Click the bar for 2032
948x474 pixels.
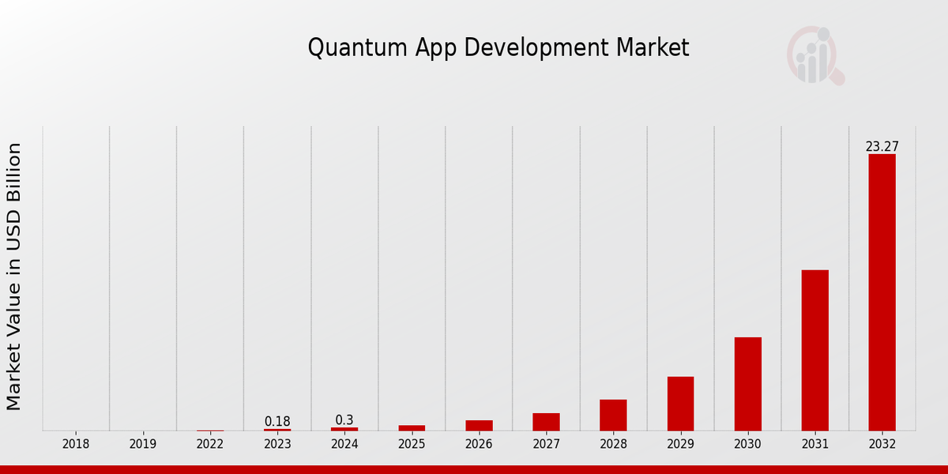(x=882, y=292)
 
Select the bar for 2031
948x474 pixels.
(x=814, y=350)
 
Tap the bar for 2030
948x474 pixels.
(x=747, y=384)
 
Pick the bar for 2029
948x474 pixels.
(x=680, y=404)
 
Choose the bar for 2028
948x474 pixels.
(x=613, y=415)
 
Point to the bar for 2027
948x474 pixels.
(x=546, y=422)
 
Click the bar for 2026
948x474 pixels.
(x=479, y=425)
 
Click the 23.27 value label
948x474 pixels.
(x=882, y=146)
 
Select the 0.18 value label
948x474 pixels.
(x=277, y=421)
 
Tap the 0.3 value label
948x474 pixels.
(x=344, y=419)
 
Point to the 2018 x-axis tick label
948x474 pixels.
(x=76, y=444)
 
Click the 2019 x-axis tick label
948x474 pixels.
(x=143, y=444)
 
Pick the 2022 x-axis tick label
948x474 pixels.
(x=210, y=444)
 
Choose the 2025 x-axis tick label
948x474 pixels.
(x=412, y=444)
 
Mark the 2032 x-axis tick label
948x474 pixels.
(x=882, y=444)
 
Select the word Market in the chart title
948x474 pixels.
(x=654, y=47)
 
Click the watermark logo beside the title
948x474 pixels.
(x=815, y=55)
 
